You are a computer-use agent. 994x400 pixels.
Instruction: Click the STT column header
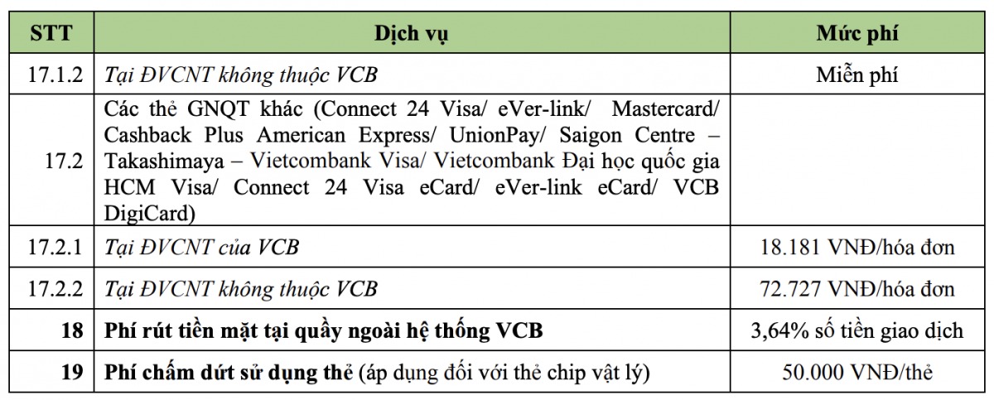tap(51, 33)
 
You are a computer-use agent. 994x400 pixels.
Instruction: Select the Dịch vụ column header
tap(412, 34)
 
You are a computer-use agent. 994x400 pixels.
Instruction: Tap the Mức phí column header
tap(856, 34)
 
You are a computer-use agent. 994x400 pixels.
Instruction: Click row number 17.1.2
tap(55, 75)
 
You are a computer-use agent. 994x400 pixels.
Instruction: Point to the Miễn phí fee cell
tap(856, 75)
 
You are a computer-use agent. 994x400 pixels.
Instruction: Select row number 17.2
tap(64, 161)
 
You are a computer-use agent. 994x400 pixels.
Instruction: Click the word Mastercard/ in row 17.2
tap(665, 109)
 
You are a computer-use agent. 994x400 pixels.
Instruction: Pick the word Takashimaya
tap(164, 161)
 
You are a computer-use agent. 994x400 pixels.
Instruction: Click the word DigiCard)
tap(150, 214)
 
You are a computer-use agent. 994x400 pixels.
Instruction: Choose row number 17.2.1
tap(55, 247)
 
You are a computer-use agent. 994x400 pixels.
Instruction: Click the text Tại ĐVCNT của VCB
tap(201, 248)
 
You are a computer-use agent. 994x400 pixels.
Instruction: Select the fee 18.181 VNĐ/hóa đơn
tap(856, 247)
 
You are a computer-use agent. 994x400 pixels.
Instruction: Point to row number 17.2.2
tap(55, 289)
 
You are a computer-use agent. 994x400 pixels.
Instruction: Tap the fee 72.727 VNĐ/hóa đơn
tap(856, 289)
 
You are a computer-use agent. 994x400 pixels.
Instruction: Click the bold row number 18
tap(72, 330)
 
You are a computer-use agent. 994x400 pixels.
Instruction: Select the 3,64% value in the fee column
tap(779, 331)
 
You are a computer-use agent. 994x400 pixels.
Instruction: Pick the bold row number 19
tap(72, 372)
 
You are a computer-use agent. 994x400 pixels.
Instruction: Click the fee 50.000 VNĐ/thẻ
tap(856, 372)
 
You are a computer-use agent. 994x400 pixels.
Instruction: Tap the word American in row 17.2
tap(301, 135)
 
